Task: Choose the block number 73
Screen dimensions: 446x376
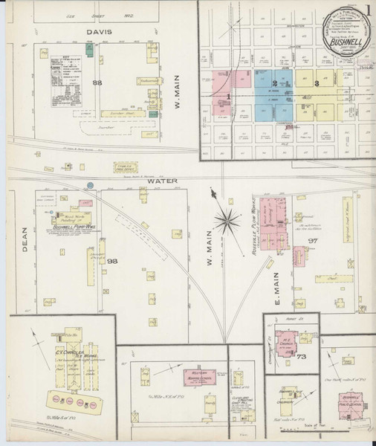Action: click(x=301, y=358)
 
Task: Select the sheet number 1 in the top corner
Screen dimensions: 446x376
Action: click(x=369, y=10)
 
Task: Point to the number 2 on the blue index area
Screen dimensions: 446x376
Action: click(x=274, y=83)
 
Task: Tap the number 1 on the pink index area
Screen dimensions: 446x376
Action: click(x=229, y=97)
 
